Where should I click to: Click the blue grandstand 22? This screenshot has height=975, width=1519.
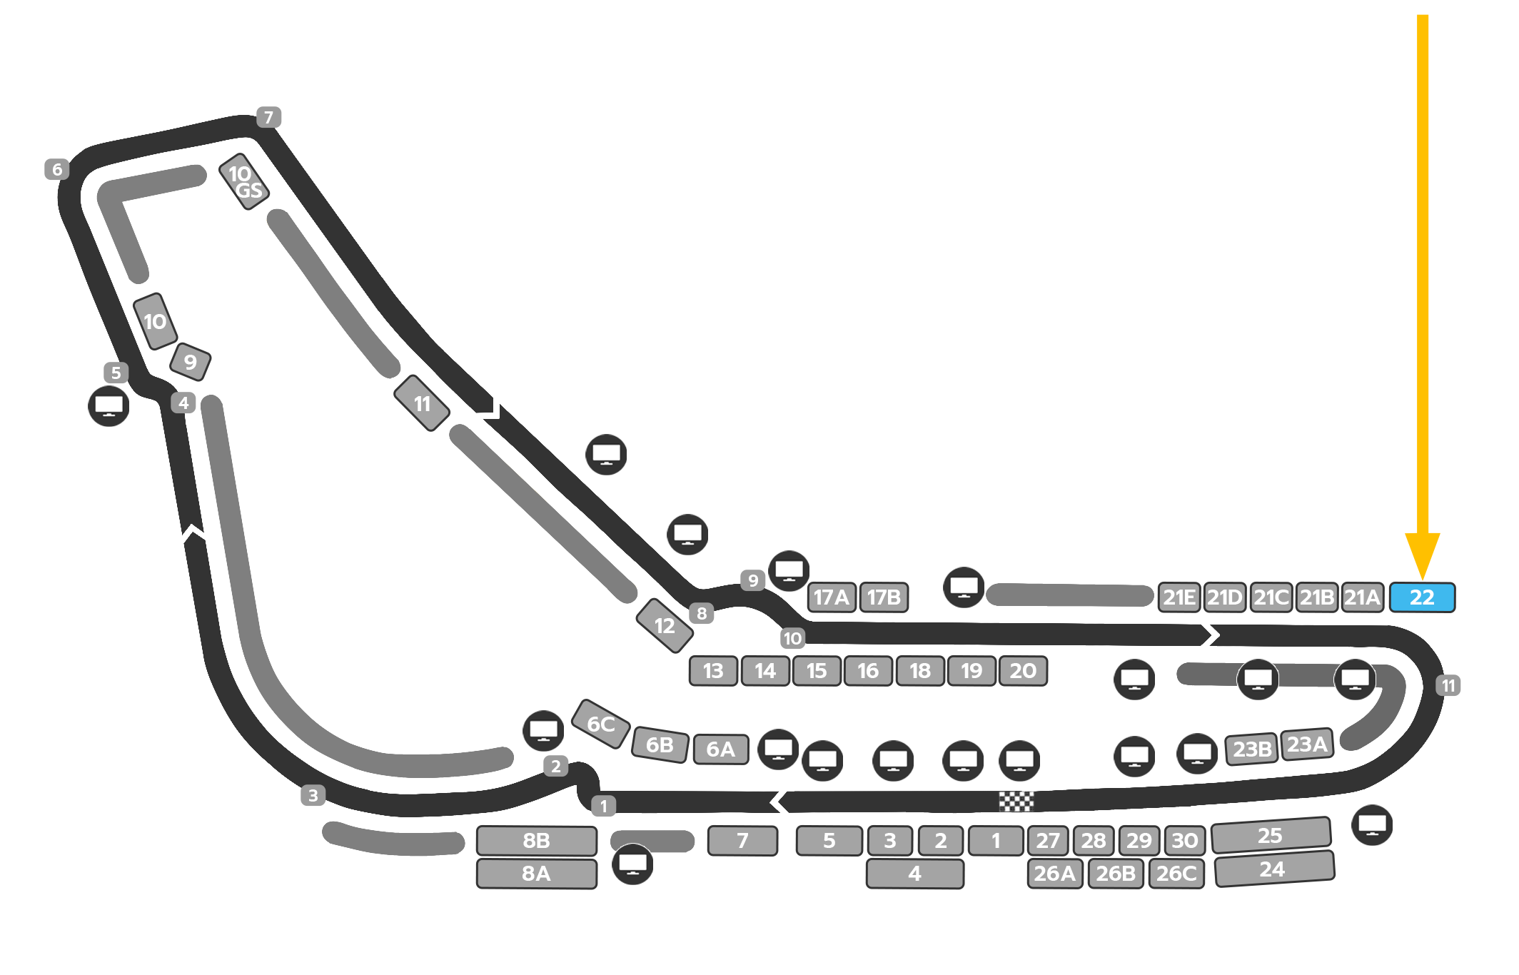(1422, 597)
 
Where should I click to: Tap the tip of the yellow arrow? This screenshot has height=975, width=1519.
(1422, 578)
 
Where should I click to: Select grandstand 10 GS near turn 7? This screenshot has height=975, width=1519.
(244, 181)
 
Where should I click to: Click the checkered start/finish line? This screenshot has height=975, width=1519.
(1016, 802)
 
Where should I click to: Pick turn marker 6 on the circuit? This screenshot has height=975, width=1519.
(57, 169)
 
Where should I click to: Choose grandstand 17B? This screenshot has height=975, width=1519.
(884, 597)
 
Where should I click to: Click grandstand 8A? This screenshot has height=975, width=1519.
(536, 874)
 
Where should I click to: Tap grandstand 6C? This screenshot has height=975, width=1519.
(601, 724)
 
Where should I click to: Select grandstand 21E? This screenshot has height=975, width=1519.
(1179, 597)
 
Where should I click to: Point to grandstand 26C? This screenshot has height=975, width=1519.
(1176, 874)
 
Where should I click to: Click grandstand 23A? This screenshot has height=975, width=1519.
(1307, 744)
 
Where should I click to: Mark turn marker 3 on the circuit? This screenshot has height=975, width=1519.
(313, 795)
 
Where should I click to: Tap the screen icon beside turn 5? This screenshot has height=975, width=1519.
(108, 406)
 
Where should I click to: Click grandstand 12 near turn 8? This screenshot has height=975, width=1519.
(665, 626)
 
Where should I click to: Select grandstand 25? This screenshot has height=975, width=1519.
(1271, 835)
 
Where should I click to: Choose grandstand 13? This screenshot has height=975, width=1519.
(713, 671)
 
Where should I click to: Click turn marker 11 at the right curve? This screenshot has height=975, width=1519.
(1448, 686)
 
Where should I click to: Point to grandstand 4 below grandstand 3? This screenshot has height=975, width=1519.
(914, 874)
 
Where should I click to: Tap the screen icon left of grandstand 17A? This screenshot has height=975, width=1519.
(789, 571)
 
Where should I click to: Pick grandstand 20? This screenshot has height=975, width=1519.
(1023, 671)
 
